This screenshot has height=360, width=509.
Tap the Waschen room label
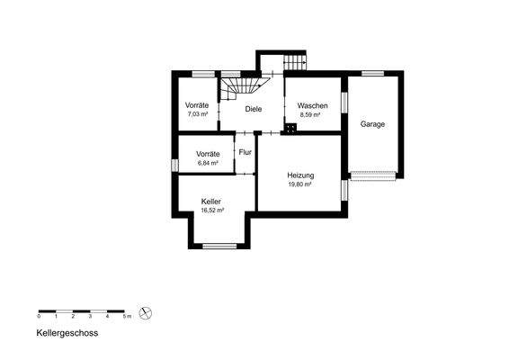coord(313,106)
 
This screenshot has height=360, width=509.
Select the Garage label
coord(373,124)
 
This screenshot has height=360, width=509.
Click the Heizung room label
coord(300,175)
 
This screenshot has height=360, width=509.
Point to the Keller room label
coord(211,201)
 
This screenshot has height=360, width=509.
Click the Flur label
coord(245,152)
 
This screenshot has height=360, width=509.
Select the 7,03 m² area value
coord(197,115)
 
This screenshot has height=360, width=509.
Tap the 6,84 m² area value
coord(208,163)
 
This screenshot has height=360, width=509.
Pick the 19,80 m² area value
coord(299,184)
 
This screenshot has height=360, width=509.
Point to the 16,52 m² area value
coord(211,210)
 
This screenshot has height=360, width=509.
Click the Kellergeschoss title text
coord(67,332)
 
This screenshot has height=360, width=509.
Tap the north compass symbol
coord(147,313)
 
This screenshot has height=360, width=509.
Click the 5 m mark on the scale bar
coord(127,317)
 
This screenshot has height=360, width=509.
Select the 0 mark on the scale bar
coord(39,317)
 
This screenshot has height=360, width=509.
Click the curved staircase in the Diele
coord(240,87)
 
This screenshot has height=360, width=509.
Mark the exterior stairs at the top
coord(295,63)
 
